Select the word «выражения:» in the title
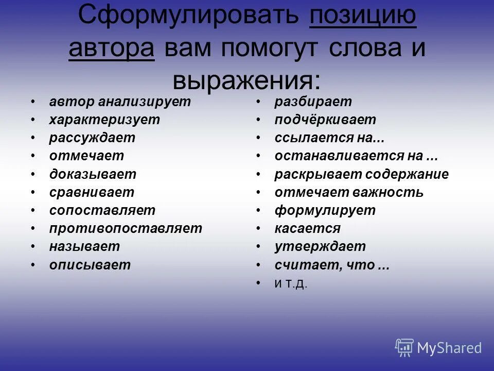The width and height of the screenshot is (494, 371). point(246,80)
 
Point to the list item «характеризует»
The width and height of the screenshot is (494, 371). point(104,120)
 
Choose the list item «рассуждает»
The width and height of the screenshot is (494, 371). point(92,138)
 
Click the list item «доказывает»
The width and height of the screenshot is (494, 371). point(93,174)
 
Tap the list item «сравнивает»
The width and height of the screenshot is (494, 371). point(92,193)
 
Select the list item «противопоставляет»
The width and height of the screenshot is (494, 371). point(126,228)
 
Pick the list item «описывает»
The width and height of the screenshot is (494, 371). point(90,265)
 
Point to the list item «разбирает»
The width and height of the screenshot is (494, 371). point(313,102)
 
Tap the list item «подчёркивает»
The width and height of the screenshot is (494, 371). point(325,120)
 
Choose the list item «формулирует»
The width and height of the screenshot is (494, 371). point(325,210)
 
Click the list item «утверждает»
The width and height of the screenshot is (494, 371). point(320,246)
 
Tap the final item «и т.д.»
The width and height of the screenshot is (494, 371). point(291,283)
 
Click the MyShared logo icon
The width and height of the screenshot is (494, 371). point(404,347)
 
